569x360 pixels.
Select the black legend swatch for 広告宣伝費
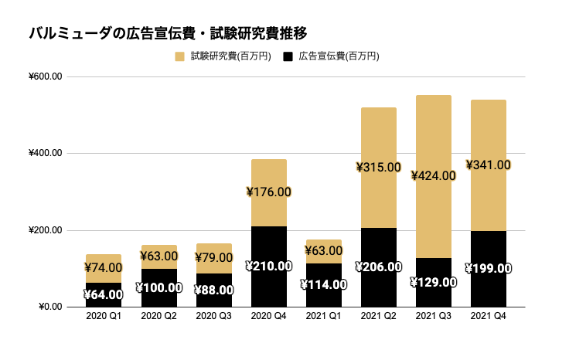[x=288, y=56]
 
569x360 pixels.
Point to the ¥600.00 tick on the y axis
[x=44, y=76]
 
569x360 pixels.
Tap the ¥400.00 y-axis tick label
[x=44, y=153]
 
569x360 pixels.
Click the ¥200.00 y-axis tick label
[x=44, y=230]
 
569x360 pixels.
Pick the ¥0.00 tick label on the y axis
[x=49, y=307]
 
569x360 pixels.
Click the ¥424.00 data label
[x=433, y=175]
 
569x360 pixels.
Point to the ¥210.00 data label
[x=268, y=267]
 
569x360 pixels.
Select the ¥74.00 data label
[x=104, y=268]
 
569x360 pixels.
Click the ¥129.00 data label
[x=433, y=282]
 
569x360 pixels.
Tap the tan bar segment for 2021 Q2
[x=378, y=131]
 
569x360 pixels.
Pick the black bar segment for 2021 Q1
[x=323, y=297]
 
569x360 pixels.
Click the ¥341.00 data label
[x=488, y=165]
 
